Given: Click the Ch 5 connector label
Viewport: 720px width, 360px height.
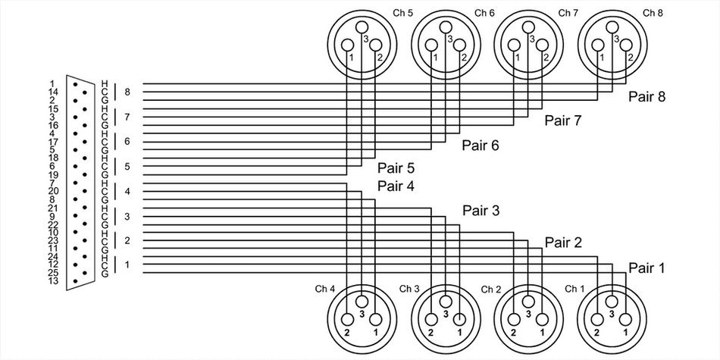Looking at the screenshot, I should [x=402, y=13].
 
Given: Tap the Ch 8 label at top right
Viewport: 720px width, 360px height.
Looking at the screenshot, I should [x=652, y=13].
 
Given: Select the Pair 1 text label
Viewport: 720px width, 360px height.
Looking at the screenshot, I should [x=646, y=267].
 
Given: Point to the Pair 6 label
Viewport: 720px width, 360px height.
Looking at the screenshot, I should [x=481, y=145].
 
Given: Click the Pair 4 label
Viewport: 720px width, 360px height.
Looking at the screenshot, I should [x=396, y=186].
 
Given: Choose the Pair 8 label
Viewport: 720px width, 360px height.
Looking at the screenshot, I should [x=646, y=97].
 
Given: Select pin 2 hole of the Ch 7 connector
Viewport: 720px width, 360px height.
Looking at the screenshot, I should [x=543, y=43].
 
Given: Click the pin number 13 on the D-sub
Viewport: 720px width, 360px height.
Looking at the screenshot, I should [x=52, y=281].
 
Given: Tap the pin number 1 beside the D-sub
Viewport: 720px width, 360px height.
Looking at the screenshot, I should [x=52, y=83].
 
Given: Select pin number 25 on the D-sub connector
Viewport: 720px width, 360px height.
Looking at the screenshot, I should [x=52, y=273].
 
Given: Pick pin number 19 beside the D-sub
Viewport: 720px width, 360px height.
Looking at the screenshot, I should [x=52, y=174].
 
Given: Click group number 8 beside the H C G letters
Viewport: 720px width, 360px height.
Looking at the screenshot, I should [x=127, y=92].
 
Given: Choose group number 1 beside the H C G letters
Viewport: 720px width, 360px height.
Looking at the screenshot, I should [x=127, y=265].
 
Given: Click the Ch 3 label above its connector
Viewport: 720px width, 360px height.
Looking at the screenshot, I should [x=410, y=289].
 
